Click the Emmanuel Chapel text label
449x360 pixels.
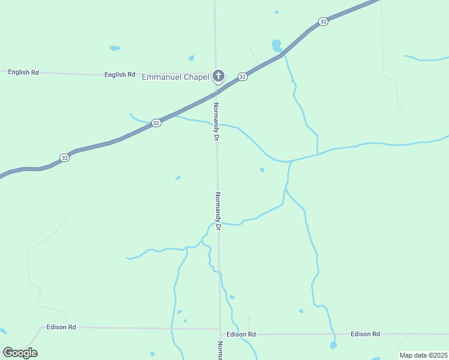(x=175, y=77)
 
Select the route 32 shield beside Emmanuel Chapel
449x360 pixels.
(x=243, y=77)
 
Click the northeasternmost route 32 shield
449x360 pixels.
(x=324, y=22)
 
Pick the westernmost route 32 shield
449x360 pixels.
(x=65, y=157)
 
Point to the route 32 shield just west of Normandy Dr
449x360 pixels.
(x=156, y=122)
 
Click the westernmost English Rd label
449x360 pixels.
(x=23, y=72)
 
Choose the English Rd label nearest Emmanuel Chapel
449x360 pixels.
(x=119, y=75)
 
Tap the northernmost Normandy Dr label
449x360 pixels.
(x=215, y=121)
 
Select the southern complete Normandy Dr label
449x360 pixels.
(x=218, y=211)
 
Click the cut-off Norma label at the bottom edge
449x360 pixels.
(x=220, y=350)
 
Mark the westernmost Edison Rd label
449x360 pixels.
(x=61, y=327)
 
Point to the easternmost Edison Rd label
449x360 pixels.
(x=366, y=334)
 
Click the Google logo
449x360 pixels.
(x=20, y=352)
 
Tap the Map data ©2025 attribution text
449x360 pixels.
(x=423, y=355)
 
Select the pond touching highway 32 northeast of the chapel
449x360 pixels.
(x=276, y=45)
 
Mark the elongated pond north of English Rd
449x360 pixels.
(x=115, y=48)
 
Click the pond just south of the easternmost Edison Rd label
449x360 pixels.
(x=333, y=346)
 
